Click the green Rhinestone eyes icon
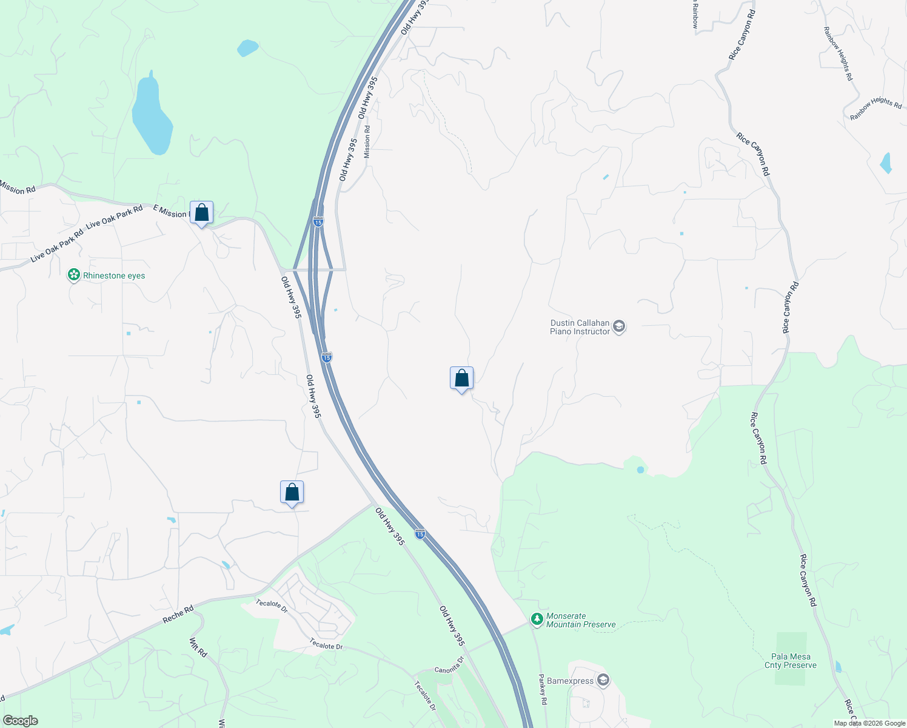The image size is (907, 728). (x=74, y=275)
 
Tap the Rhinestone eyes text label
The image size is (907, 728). (x=114, y=275)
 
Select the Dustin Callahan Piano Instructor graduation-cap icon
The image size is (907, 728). (x=619, y=327)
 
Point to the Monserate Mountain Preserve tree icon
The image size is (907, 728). (x=537, y=619)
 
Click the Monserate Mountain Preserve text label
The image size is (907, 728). (x=580, y=620)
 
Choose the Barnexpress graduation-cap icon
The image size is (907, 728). (x=603, y=680)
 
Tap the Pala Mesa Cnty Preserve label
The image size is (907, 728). (x=791, y=661)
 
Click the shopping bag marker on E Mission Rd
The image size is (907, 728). (x=201, y=214)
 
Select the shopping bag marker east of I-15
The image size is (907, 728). (x=461, y=379)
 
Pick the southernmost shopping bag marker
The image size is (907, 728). (x=292, y=492)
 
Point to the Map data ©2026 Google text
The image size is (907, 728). (x=869, y=723)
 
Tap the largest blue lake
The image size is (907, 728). (x=152, y=115)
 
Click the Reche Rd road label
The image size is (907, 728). (x=178, y=615)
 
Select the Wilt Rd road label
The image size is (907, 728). (x=198, y=647)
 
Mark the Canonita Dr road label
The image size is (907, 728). (x=449, y=666)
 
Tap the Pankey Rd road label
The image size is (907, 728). (x=543, y=689)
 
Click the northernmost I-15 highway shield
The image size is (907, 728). (x=318, y=222)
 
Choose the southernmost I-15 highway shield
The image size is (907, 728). (x=420, y=534)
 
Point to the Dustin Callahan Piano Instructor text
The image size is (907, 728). (x=580, y=327)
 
